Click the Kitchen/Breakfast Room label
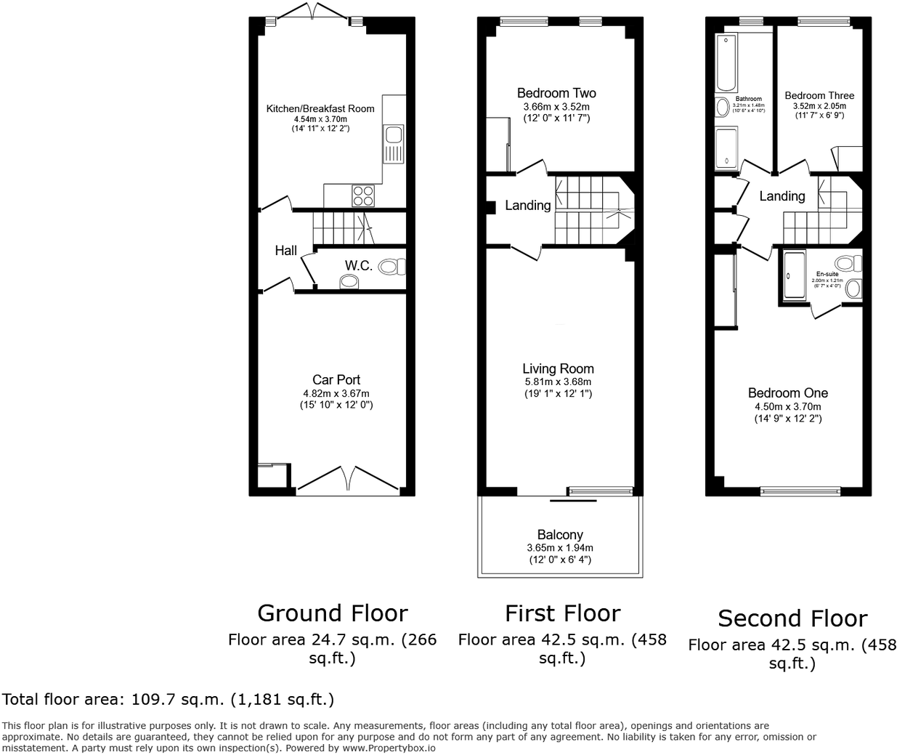(x=320, y=109)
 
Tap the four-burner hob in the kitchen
(x=363, y=195)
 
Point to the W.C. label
(x=358, y=266)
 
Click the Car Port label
(x=336, y=379)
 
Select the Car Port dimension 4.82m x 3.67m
(x=336, y=393)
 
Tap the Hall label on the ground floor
(x=285, y=251)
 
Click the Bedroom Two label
(x=556, y=93)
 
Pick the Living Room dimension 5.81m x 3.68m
(x=557, y=381)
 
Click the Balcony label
(x=560, y=535)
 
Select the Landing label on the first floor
(x=527, y=206)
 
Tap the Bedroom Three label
(x=819, y=95)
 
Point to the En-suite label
(x=827, y=274)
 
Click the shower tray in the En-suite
(x=795, y=275)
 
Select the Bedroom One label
(x=788, y=393)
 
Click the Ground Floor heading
(x=333, y=613)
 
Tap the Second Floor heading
(x=792, y=618)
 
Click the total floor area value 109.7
(x=150, y=700)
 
